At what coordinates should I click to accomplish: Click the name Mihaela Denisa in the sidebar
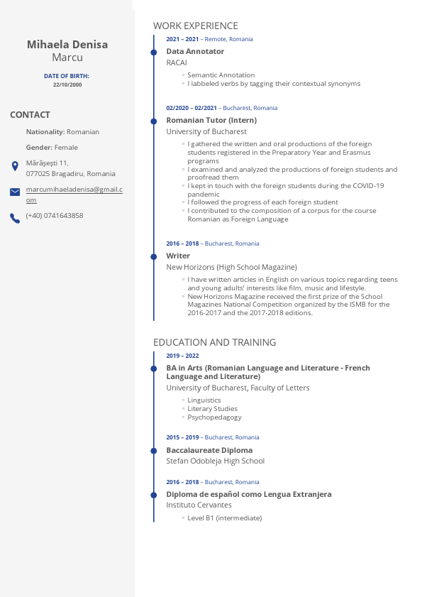click(67, 45)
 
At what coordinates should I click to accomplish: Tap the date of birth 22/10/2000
click(67, 84)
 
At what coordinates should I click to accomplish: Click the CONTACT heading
click(30, 115)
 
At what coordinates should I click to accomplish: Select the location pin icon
click(15, 166)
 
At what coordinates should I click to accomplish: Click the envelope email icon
click(15, 192)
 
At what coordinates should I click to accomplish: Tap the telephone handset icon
click(15, 218)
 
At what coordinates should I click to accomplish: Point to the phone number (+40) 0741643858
click(55, 216)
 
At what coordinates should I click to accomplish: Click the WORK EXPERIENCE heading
click(196, 26)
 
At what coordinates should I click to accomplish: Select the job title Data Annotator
click(195, 52)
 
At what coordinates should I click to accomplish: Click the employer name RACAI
click(177, 62)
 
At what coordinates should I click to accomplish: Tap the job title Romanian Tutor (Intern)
click(211, 121)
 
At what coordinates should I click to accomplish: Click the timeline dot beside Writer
click(153, 256)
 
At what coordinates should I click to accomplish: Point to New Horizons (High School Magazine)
click(231, 267)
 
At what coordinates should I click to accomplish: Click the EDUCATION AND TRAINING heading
click(214, 342)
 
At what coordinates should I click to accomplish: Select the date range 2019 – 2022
click(182, 356)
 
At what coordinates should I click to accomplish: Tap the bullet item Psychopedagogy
click(210, 417)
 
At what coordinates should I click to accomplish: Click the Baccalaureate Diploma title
click(209, 450)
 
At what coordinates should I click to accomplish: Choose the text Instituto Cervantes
click(199, 505)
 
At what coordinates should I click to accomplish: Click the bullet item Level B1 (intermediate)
click(224, 518)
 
